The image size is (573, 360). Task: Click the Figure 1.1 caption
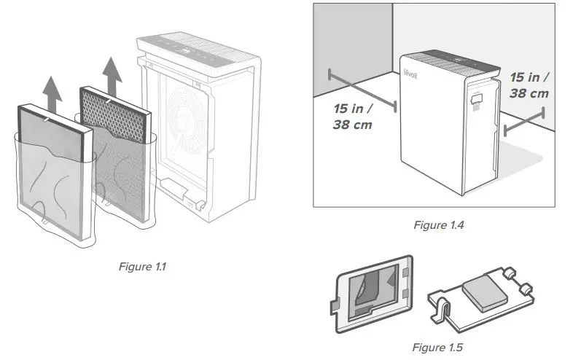pyautogui.click(x=142, y=267)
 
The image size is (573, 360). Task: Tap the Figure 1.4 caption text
pyautogui.click(x=439, y=225)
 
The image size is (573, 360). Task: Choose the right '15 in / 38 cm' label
pyautogui.click(x=529, y=85)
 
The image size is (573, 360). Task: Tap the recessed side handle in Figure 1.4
pyautogui.click(x=478, y=97)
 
